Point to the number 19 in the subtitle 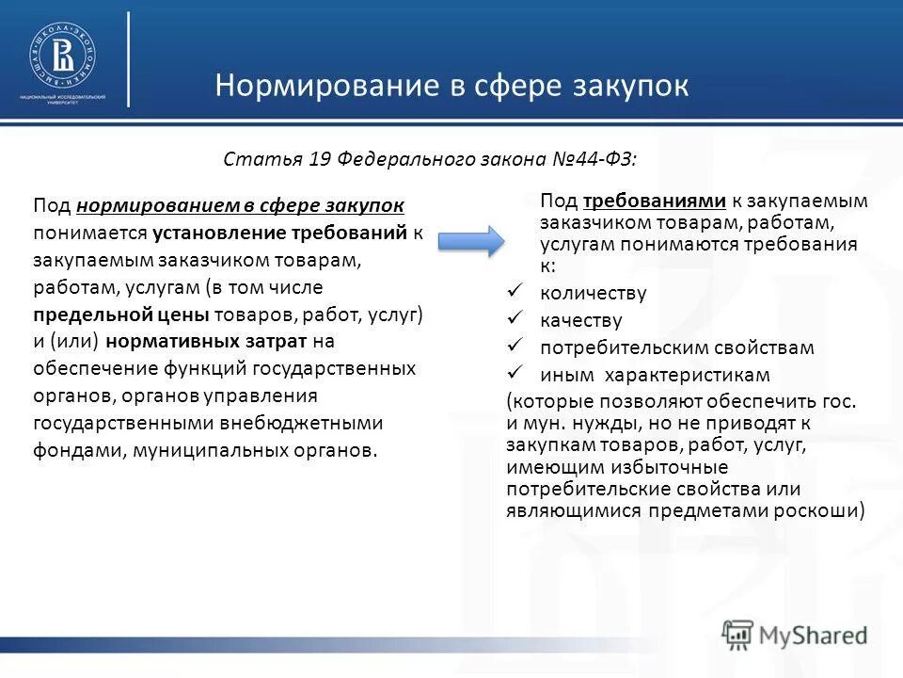(x=319, y=159)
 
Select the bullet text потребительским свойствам (x=676, y=347)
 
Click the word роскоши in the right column (x=823, y=510)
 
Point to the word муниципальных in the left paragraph (x=194, y=449)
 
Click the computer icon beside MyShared (x=738, y=634)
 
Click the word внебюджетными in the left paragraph (x=318, y=422)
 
